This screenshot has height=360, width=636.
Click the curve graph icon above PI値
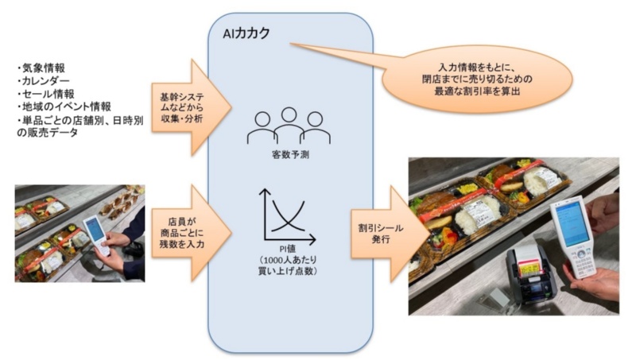click(x=287, y=216)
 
